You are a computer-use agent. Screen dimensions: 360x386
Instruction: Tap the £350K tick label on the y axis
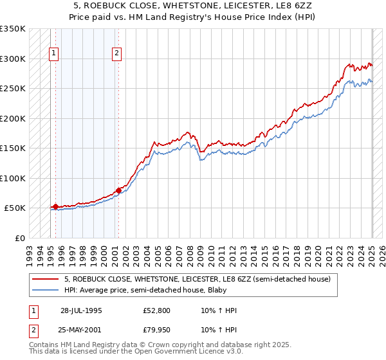(13, 29)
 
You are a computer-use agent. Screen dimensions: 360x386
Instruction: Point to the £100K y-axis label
(13, 178)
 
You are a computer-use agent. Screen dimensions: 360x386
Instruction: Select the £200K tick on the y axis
(13, 118)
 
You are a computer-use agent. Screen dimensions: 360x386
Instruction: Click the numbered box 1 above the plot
(53, 53)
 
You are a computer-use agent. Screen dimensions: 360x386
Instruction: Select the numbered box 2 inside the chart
(116, 53)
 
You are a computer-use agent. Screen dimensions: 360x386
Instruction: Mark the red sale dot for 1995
(56, 206)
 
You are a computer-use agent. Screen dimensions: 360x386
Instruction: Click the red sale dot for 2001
(118, 190)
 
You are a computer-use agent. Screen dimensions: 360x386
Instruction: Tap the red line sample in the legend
(46, 279)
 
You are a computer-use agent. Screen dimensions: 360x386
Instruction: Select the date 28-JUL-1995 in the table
(81, 310)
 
